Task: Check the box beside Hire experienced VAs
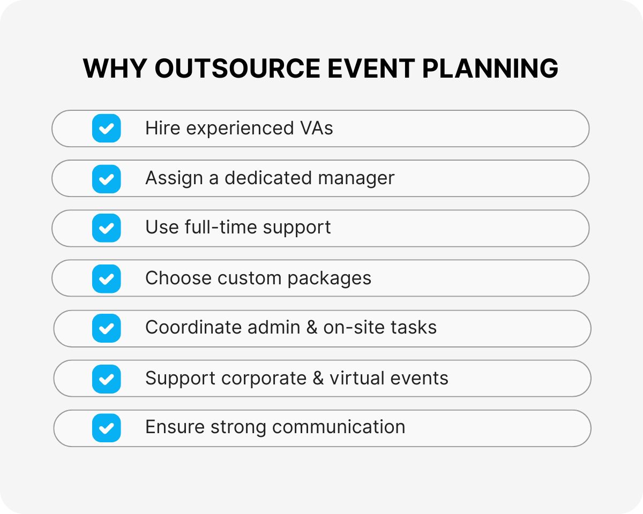pyautogui.click(x=106, y=128)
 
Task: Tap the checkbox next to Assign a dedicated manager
pyautogui.click(x=106, y=178)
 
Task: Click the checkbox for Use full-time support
pyautogui.click(x=106, y=228)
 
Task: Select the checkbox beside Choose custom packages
pyautogui.click(x=106, y=278)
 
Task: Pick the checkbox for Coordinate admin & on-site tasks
pyautogui.click(x=106, y=328)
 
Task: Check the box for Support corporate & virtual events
pyautogui.click(x=106, y=379)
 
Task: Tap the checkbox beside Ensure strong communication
pyautogui.click(x=106, y=428)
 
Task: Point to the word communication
pyautogui.click(x=339, y=427)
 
